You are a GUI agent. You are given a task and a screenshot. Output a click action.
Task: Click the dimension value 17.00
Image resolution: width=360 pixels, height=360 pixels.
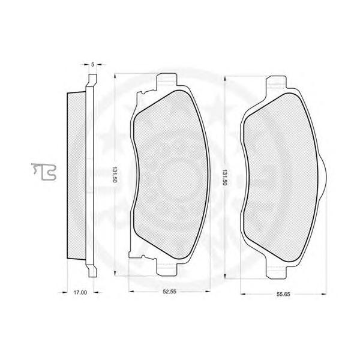click(80, 293)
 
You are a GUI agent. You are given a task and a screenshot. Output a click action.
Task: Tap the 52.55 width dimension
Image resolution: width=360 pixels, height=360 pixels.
click(169, 292)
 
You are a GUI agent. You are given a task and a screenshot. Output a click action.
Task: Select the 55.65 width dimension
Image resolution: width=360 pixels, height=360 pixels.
click(283, 294)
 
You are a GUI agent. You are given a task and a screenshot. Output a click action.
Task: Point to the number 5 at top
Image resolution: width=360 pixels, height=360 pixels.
click(93, 65)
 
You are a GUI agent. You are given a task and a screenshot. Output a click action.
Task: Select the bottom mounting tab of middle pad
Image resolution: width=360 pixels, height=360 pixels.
click(167, 269)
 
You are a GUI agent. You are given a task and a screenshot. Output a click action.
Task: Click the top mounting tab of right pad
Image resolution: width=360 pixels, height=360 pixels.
click(276, 82)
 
